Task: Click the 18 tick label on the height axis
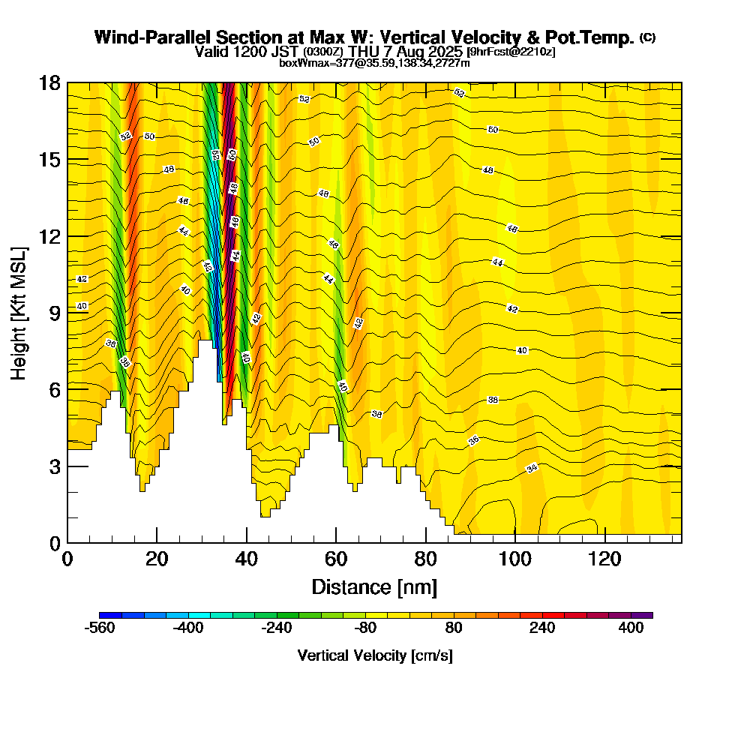click(x=49, y=82)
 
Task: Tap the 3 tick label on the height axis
click(x=54, y=466)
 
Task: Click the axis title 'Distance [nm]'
click(x=374, y=586)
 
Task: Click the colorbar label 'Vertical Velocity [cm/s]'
click(x=375, y=655)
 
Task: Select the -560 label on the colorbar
click(x=100, y=628)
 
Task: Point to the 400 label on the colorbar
click(x=631, y=628)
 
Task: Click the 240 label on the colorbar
click(x=542, y=628)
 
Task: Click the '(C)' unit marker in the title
click(x=648, y=37)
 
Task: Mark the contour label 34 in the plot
click(x=532, y=468)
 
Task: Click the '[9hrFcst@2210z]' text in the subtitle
click(x=511, y=52)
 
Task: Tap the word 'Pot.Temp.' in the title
click(x=591, y=37)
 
